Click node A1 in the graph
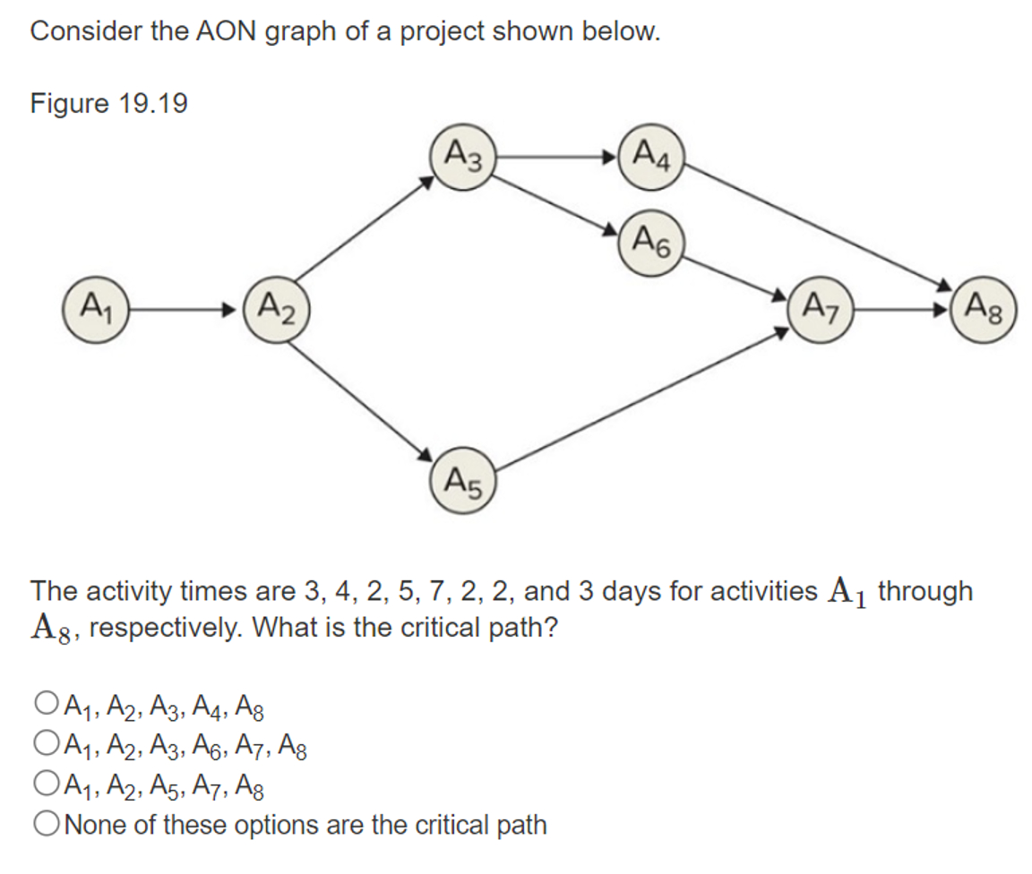pyautogui.click(x=94, y=310)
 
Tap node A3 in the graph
pyautogui.click(x=462, y=160)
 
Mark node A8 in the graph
pyautogui.click(x=984, y=311)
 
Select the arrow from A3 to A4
pyautogui.click(x=555, y=160)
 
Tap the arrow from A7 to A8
pyautogui.click(x=900, y=311)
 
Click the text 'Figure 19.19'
pyautogui.click(x=109, y=104)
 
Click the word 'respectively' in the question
pyautogui.click(x=158, y=627)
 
